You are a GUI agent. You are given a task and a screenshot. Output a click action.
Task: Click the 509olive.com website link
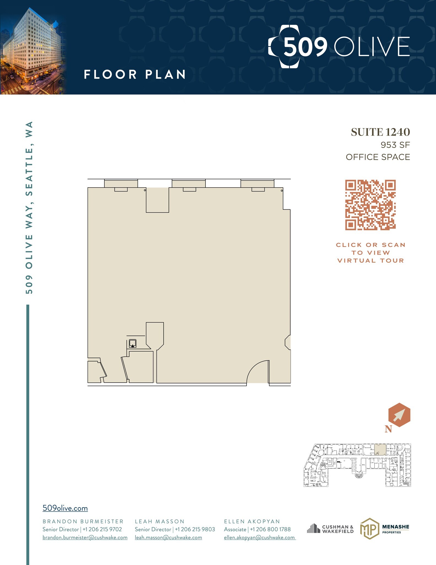(x=65, y=508)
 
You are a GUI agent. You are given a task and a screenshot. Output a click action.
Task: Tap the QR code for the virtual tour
(x=370, y=205)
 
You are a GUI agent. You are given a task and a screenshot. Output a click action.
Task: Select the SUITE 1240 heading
(x=380, y=132)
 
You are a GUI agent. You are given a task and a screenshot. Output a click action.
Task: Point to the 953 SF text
(x=395, y=145)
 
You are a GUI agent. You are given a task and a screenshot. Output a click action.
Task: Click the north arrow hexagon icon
(x=399, y=415)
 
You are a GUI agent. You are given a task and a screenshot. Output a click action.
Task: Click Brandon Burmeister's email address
(x=85, y=537)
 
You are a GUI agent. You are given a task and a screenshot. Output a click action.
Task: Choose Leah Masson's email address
(x=168, y=537)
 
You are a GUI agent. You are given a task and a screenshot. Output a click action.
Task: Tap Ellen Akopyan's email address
(x=259, y=537)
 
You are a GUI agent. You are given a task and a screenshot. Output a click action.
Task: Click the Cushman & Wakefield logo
(x=330, y=529)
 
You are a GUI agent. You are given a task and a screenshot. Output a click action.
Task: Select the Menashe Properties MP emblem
(x=369, y=529)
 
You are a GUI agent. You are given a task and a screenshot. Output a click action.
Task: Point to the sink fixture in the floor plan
(x=133, y=343)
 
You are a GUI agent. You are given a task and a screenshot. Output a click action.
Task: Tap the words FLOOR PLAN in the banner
(x=135, y=74)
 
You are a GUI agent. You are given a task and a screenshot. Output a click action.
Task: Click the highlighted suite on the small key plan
(x=380, y=449)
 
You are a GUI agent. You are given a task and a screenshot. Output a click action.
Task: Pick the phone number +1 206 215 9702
(x=102, y=529)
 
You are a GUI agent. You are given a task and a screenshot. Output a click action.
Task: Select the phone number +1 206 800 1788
(x=270, y=529)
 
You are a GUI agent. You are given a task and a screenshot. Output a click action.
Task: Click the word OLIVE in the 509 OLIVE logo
(x=372, y=46)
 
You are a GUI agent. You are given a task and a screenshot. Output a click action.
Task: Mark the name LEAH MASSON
(x=159, y=521)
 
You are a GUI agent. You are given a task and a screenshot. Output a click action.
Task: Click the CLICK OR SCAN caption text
(x=370, y=245)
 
